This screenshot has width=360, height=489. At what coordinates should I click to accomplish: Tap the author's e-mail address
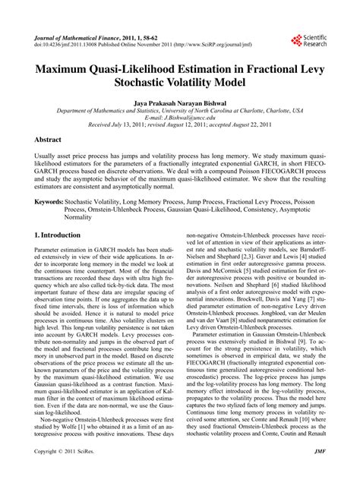click(x=180, y=118)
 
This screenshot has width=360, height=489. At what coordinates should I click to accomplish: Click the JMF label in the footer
click(x=319, y=473)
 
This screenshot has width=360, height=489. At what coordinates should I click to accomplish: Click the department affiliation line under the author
click(x=180, y=111)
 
